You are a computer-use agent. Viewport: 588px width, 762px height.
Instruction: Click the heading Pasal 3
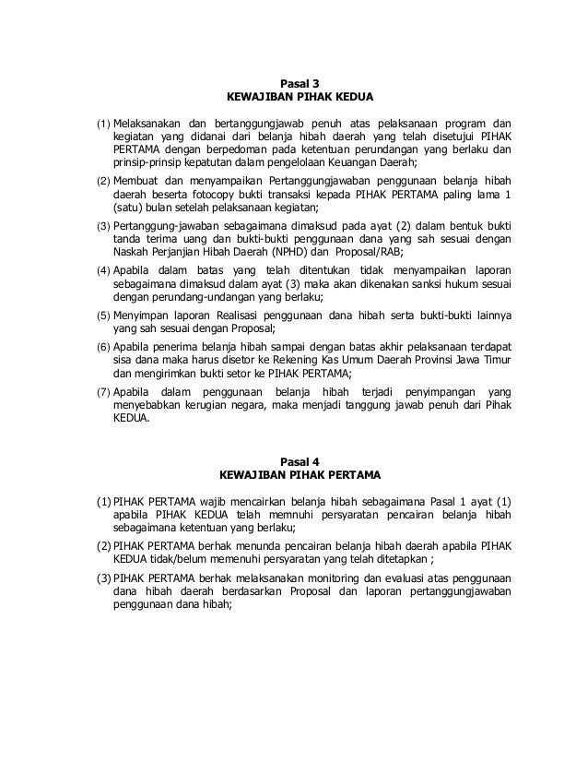pos(294,82)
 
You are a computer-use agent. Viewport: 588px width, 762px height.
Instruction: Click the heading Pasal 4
pos(294,463)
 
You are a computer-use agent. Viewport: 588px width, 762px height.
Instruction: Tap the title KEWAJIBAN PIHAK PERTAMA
pos(294,477)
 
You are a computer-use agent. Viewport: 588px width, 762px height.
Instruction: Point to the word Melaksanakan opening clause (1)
pos(146,122)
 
